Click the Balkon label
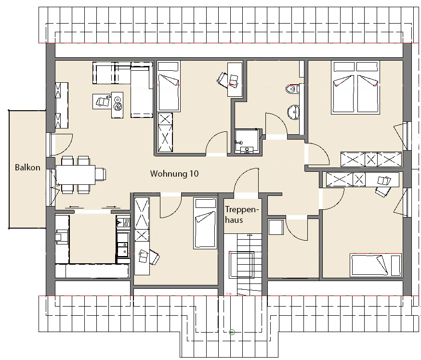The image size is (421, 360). click(x=27, y=167)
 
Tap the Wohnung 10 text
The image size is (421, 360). click(x=174, y=174)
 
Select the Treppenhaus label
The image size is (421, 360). click(x=241, y=215)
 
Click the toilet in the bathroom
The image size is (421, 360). click(x=292, y=89)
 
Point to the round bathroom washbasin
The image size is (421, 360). click(x=293, y=112)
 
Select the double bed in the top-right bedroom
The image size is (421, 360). click(x=355, y=88)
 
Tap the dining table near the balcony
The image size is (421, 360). click(x=76, y=175)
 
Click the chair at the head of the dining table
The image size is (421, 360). click(x=101, y=175)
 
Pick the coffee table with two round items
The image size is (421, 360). click(x=118, y=104)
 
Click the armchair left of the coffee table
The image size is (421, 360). click(x=102, y=101)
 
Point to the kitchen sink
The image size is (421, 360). click(x=123, y=222)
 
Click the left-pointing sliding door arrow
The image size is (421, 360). click(x=74, y=207)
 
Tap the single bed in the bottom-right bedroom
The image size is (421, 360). click(x=375, y=265)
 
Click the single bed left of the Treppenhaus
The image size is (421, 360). click(x=205, y=223)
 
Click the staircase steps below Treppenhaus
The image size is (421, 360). click(x=243, y=264)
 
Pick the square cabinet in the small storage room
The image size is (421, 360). click(x=276, y=227)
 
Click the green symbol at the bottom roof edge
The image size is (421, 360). click(x=232, y=332)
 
